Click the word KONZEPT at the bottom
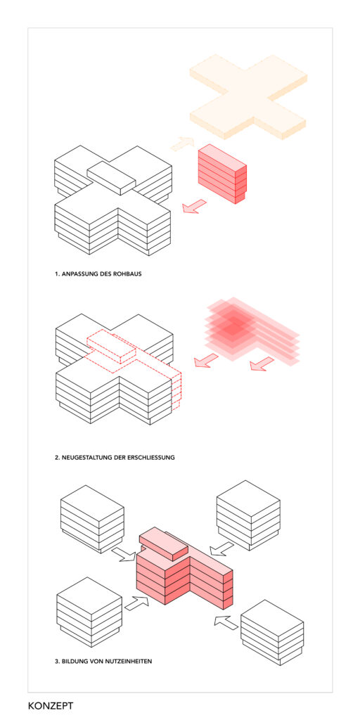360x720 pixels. [x=51, y=705]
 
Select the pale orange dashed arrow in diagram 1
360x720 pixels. [x=183, y=143]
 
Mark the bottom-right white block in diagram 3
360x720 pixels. [x=271, y=633]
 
